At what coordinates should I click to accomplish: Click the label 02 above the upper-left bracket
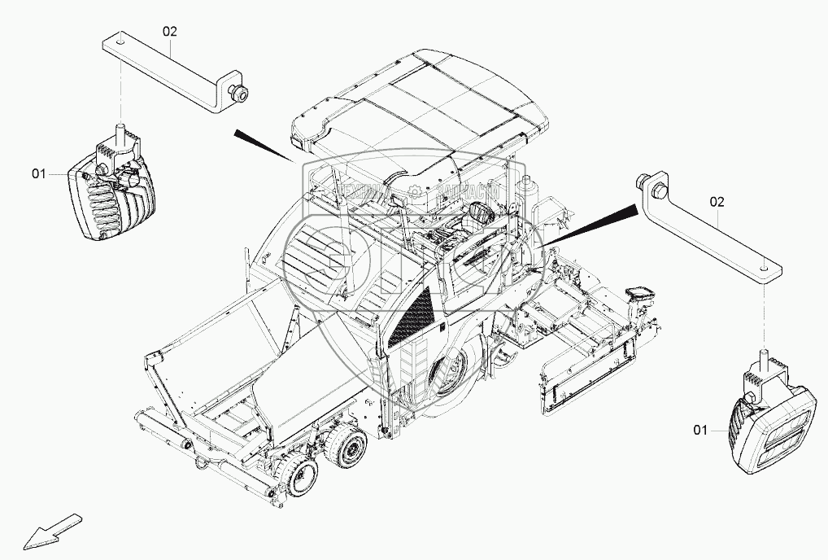(169, 32)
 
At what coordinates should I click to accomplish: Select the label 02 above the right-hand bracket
(717, 200)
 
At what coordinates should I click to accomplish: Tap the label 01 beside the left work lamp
(39, 173)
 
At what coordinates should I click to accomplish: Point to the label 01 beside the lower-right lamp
(700, 430)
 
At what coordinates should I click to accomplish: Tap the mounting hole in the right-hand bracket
(764, 265)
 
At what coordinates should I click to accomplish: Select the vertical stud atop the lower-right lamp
(764, 359)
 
